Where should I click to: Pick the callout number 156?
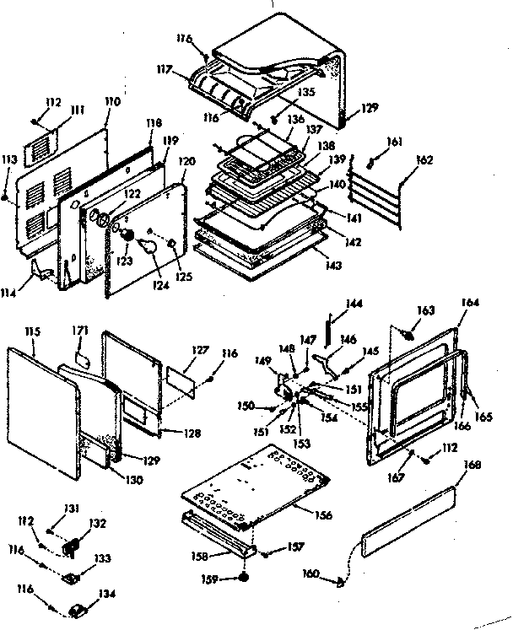coord(322,514)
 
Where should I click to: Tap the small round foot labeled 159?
coord(242,579)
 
